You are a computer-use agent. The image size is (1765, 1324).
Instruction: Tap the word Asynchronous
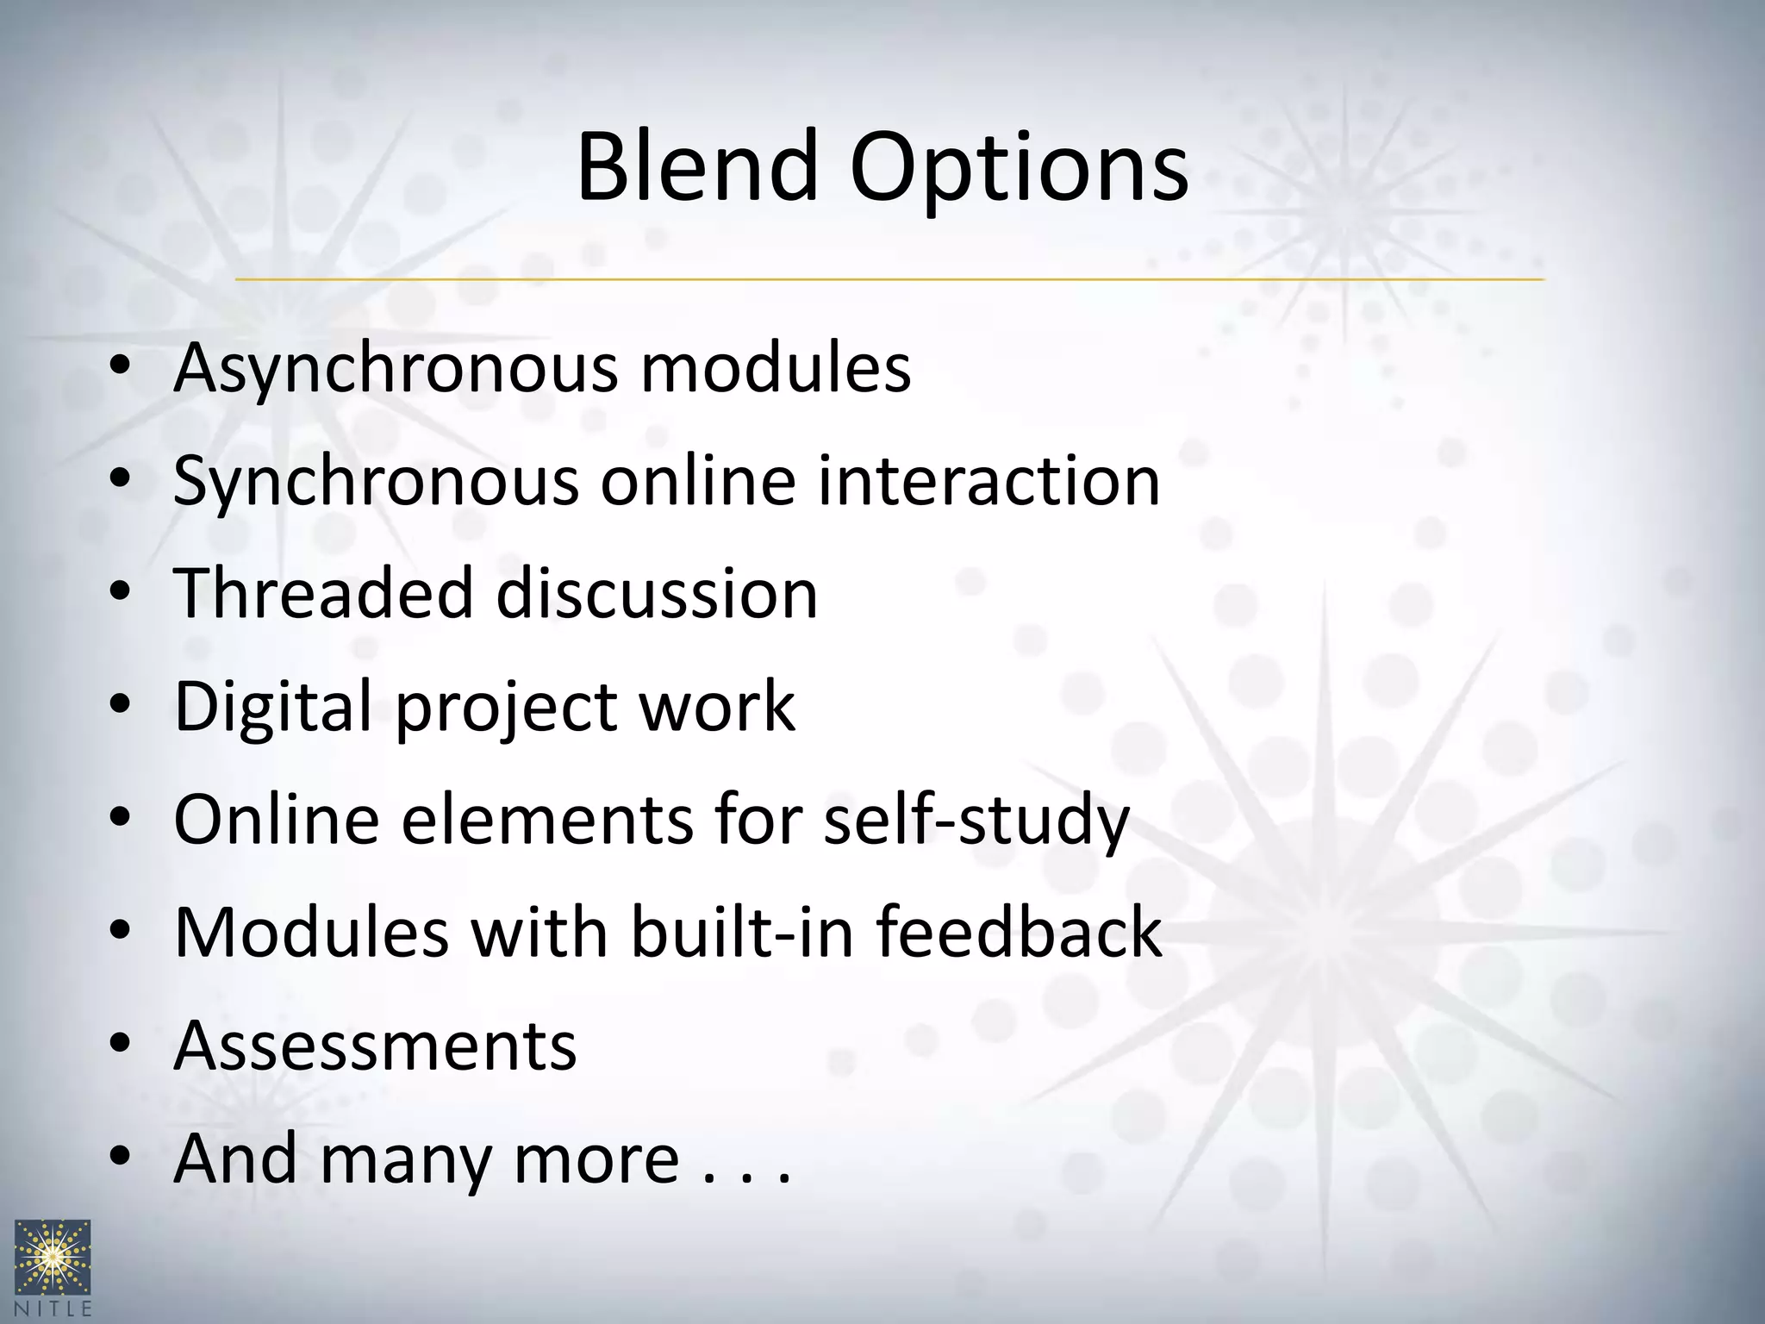click(x=395, y=369)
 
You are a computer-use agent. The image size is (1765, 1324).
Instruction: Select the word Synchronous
click(x=376, y=483)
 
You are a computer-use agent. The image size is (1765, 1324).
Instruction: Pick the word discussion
click(x=657, y=594)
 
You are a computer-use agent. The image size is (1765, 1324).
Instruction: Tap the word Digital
click(x=274, y=708)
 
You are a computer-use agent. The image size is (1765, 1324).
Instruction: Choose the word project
click(x=507, y=709)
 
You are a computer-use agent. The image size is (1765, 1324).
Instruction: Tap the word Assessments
click(x=375, y=1046)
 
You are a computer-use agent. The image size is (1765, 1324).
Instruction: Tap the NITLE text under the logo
click(x=53, y=1308)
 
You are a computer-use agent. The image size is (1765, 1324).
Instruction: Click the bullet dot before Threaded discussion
click(x=120, y=593)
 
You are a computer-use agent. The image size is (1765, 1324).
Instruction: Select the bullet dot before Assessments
click(x=120, y=1045)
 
